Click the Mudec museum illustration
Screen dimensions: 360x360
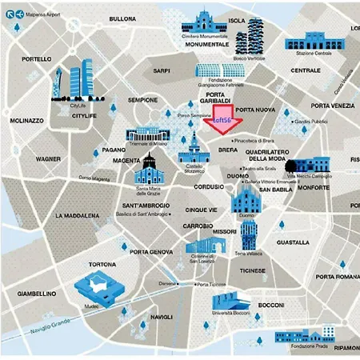click(x=96, y=290)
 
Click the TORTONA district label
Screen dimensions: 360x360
click(x=102, y=264)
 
